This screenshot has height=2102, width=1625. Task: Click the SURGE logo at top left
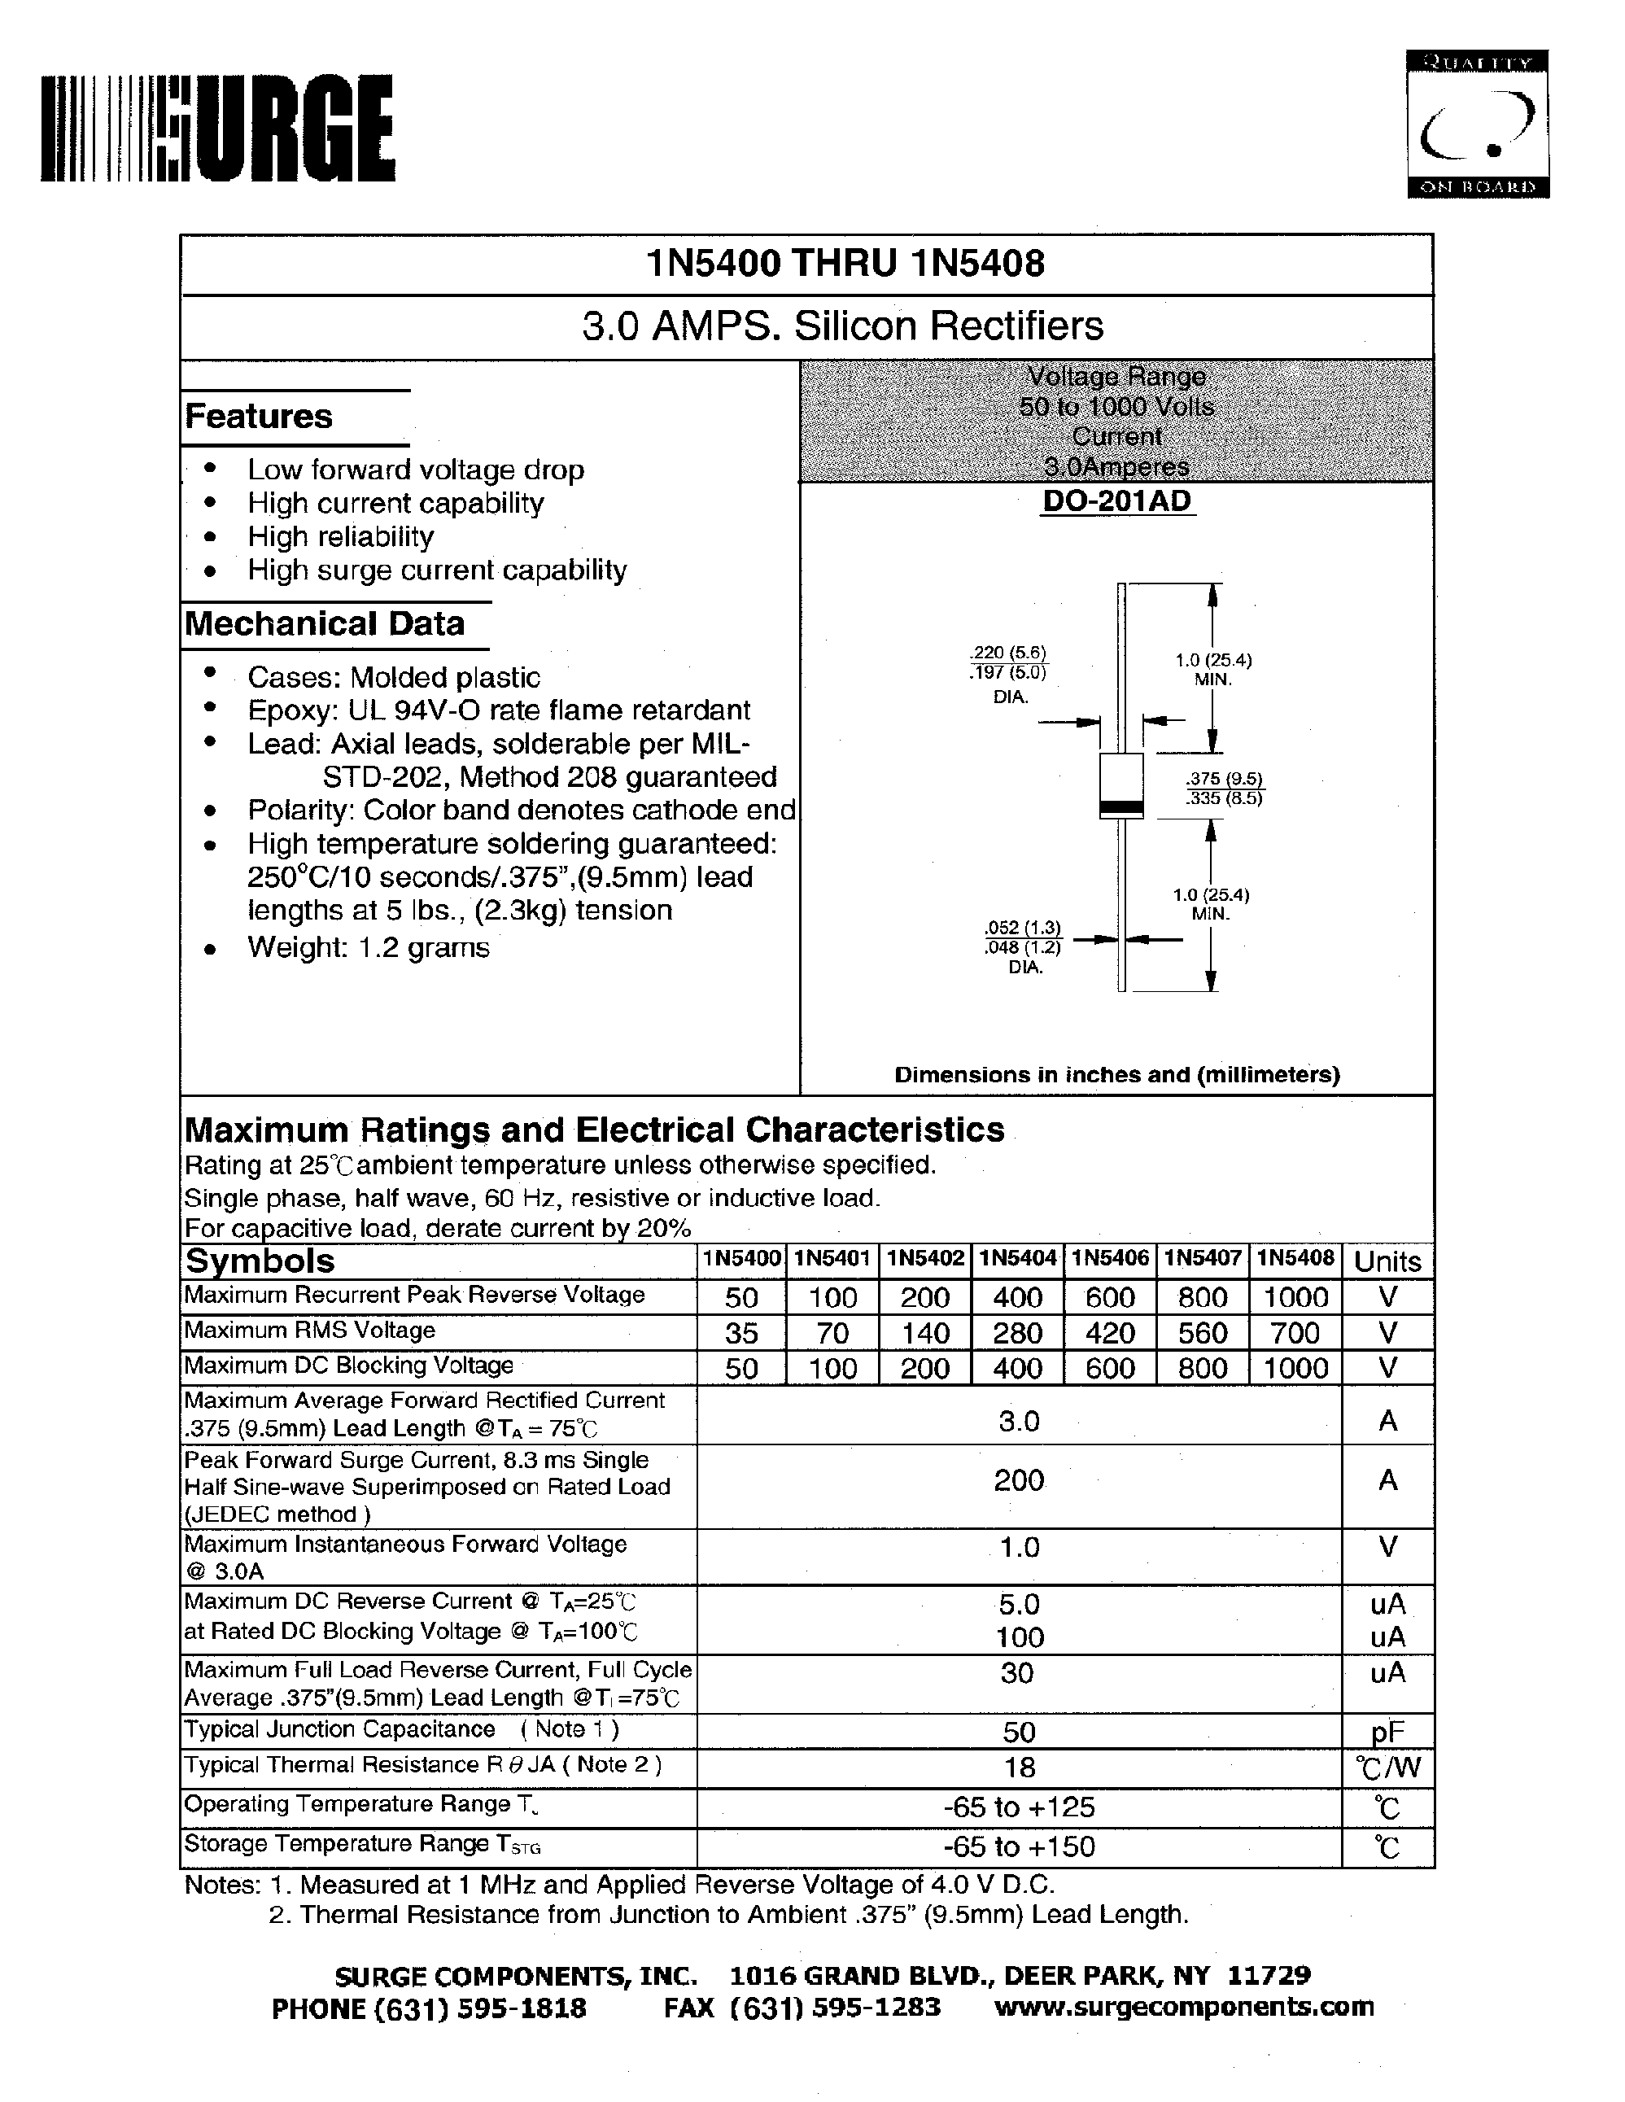217,128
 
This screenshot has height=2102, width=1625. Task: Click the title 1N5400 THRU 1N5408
845,264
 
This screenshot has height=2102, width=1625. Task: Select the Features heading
259,417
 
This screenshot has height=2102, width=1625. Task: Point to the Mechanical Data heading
325,623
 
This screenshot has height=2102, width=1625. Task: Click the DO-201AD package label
1116,500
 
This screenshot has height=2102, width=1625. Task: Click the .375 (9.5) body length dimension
1224,779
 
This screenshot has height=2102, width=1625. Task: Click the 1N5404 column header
1017,1258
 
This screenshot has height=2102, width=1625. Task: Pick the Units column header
1387,1261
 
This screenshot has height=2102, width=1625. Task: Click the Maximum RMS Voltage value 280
1017,1333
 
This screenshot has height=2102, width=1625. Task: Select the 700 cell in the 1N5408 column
1294,1333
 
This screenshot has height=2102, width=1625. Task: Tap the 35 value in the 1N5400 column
740,1333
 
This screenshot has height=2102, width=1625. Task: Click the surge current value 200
1018,1479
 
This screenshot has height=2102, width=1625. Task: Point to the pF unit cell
1387,1733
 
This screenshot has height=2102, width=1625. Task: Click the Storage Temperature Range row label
363,1844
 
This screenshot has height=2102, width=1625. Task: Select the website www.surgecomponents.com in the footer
1183,2007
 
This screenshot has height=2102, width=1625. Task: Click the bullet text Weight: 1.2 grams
369,947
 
